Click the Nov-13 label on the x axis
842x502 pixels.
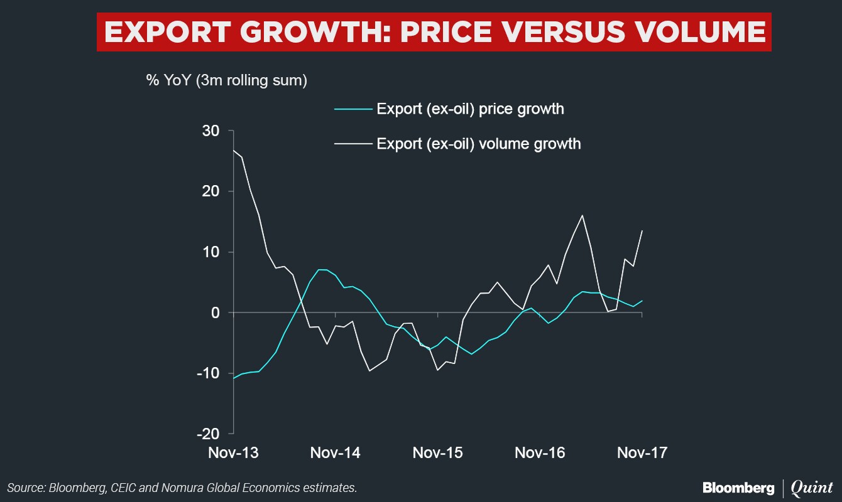coord(233,453)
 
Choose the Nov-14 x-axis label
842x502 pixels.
coord(336,453)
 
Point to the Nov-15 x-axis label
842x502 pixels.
coord(438,453)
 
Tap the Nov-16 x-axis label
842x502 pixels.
coord(540,453)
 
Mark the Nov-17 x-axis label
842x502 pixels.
coord(642,453)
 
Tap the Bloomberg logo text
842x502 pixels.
coord(738,488)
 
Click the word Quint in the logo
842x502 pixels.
coord(812,488)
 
